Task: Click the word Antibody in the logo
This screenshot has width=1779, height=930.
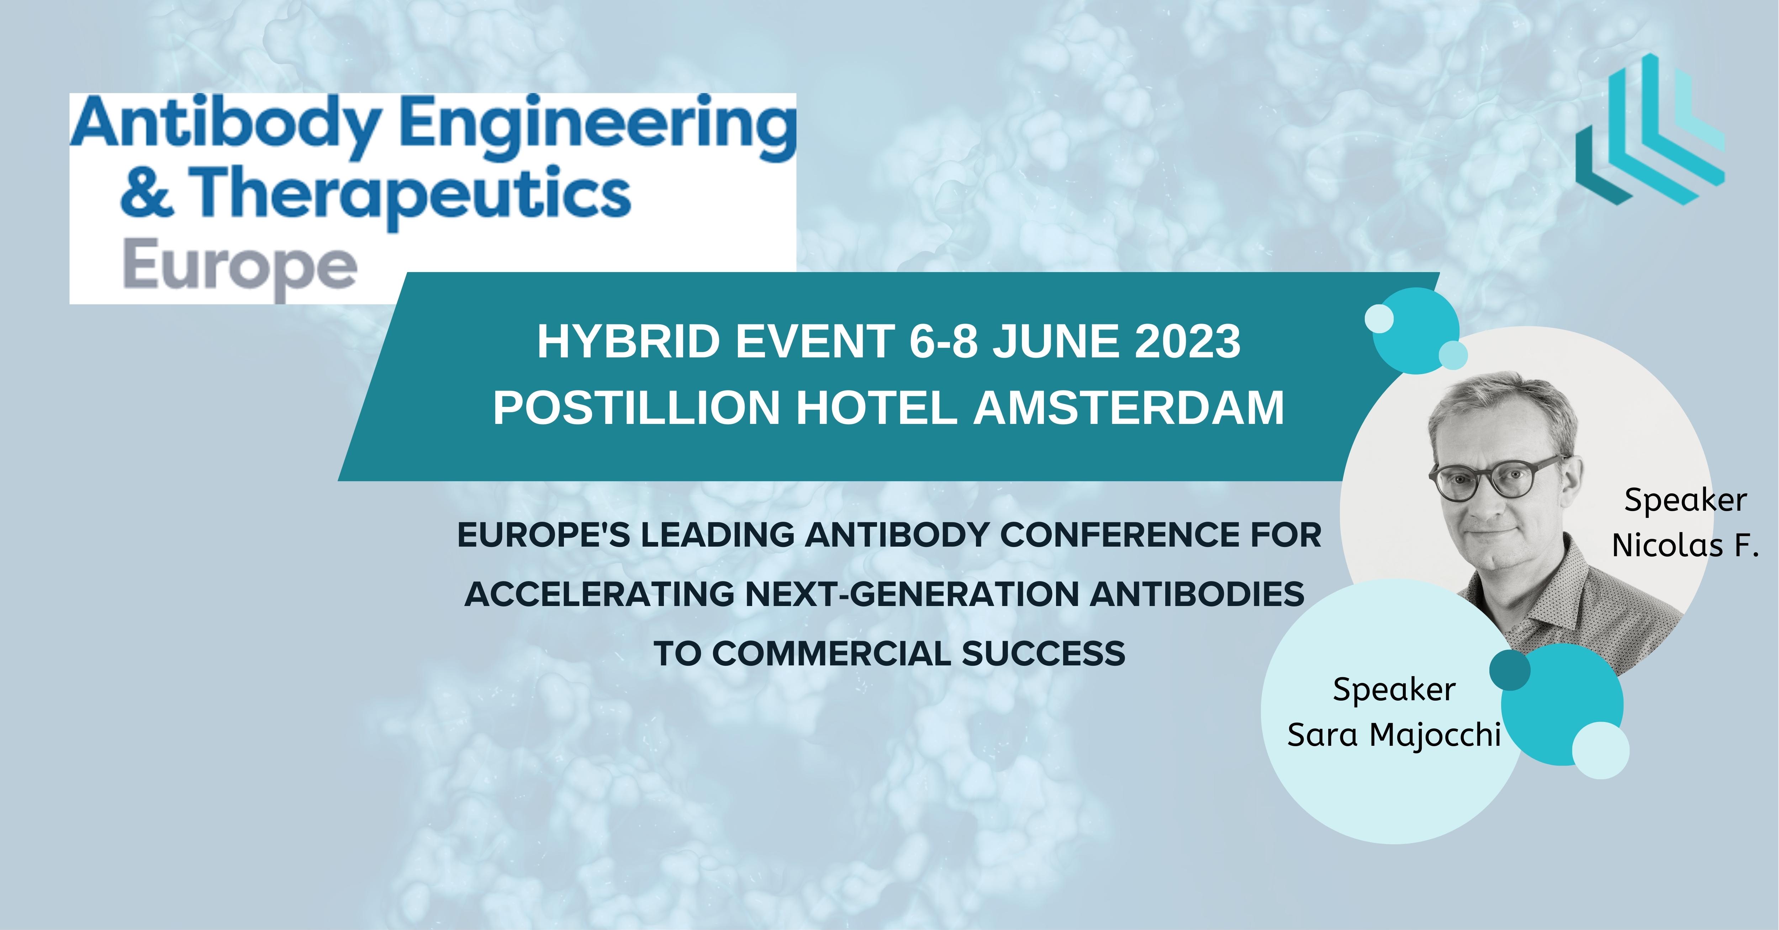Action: coord(225,124)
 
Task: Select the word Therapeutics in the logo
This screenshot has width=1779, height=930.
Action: coord(410,194)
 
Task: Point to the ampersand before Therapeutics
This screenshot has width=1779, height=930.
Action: coord(146,194)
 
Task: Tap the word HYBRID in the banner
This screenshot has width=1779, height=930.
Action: coord(628,342)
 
